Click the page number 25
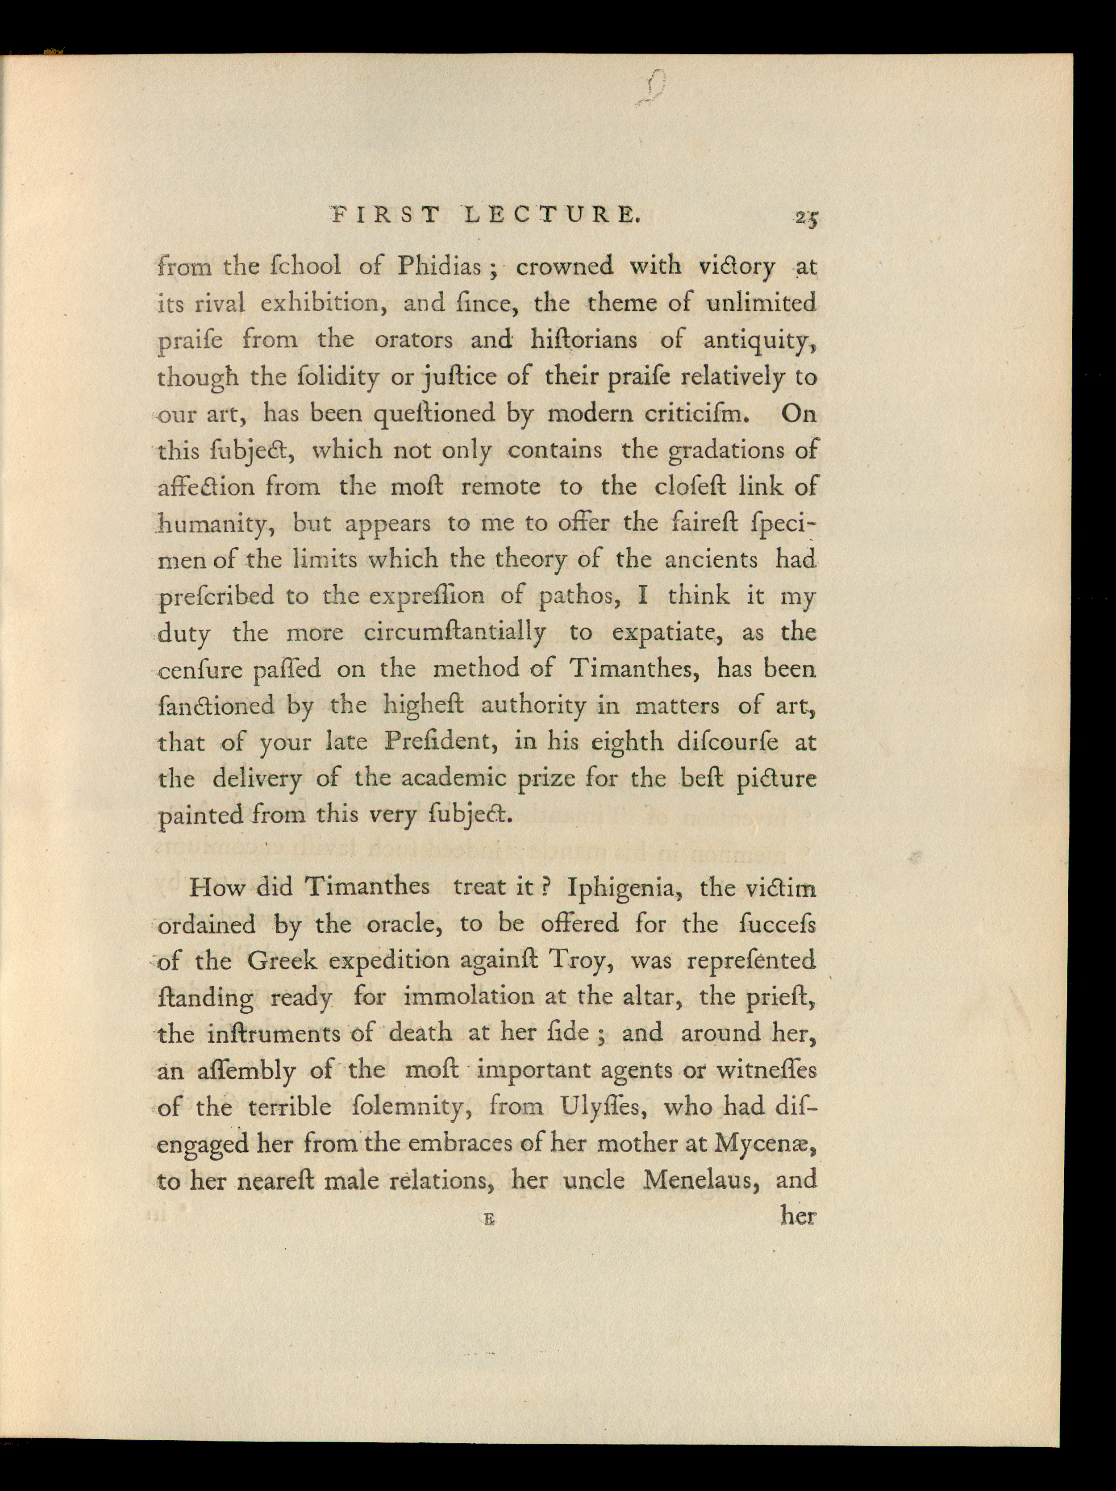click(x=806, y=218)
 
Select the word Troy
click(x=580, y=960)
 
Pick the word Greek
click(x=281, y=960)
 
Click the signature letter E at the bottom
click(x=489, y=1219)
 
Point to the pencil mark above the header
click(x=653, y=88)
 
